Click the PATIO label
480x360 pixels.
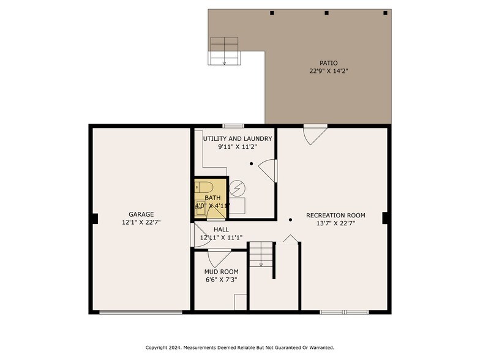pos(328,63)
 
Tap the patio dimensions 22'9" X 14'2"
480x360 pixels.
pos(329,71)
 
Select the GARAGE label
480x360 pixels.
pos(141,214)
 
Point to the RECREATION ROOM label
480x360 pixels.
pos(336,216)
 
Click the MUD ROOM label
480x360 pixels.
pos(222,272)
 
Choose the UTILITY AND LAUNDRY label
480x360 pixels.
pos(238,138)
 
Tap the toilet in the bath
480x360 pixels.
pos(203,187)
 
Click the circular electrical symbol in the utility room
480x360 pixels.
pos(238,188)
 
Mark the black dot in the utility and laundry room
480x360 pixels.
pos(251,164)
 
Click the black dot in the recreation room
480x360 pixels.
pos(290,219)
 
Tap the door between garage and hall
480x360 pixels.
pos(201,235)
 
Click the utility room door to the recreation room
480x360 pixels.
pos(268,171)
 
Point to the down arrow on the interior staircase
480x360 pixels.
pos(261,264)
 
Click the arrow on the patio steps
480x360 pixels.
pos(224,62)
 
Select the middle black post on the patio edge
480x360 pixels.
pos(327,13)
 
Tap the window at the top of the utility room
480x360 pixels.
pos(233,126)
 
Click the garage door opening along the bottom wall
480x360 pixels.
pos(141,312)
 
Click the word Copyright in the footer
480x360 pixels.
pos(156,348)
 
